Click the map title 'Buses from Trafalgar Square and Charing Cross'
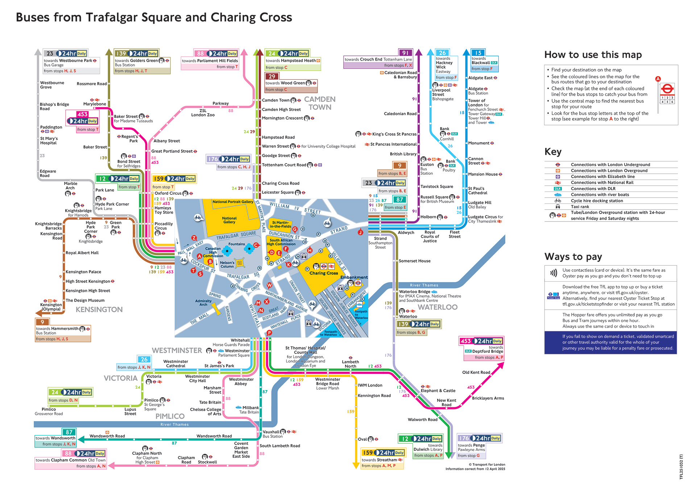pos(154,17)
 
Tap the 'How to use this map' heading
pos(593,55)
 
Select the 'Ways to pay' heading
pos(573,257)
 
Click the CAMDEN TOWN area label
pos(319,103)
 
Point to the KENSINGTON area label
pos(99,310)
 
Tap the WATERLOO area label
pos(437,307)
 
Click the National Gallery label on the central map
pos(229,220)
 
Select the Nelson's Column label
pos(227,264)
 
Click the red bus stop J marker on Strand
pos(360,232)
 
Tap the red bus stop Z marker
pos(194,238)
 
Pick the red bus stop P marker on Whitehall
pos(269,332)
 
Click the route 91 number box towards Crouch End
pos(405,53)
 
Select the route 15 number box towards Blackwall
pos(478,53)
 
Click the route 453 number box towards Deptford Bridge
pos(465,341)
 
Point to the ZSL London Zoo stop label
pos(203,113)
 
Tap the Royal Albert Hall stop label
pos(82,253)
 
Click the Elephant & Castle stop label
pos(438,390)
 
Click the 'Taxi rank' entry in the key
pos(580,207)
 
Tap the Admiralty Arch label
pos(203,303)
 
